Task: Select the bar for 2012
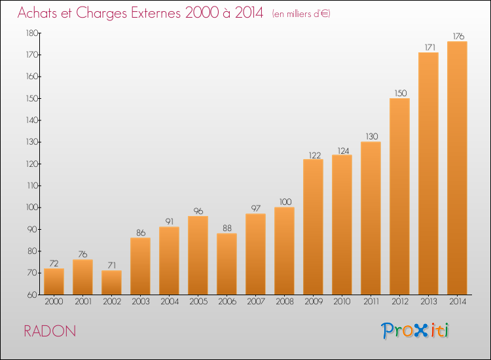(x=399, y=196)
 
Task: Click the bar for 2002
(x=111, y=282)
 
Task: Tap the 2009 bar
(x=313, y=227)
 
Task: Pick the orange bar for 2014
(x=457, y=168)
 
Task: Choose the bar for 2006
(x=227, y=264)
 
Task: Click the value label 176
(x=458, y=36)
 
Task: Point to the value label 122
(x=315, y=155)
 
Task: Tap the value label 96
(x=198, y=211)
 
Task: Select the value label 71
(x=112, y=266)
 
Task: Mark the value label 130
(x=372, y=137)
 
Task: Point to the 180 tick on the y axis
(x=32, y=33)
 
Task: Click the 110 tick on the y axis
(x=32, y=186)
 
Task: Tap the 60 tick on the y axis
(x=32, y=295)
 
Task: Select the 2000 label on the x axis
(x=54, y=302)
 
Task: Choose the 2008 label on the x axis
(x=285, y=302)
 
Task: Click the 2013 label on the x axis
(x=429, y=302)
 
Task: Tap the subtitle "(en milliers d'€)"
(x=301, y=14)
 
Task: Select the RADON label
(x=50, y=331)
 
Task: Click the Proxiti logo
(x=415, y=331)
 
